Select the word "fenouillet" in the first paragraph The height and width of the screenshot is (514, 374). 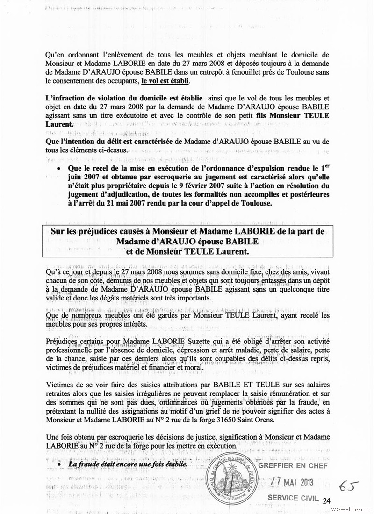pos(238,72)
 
